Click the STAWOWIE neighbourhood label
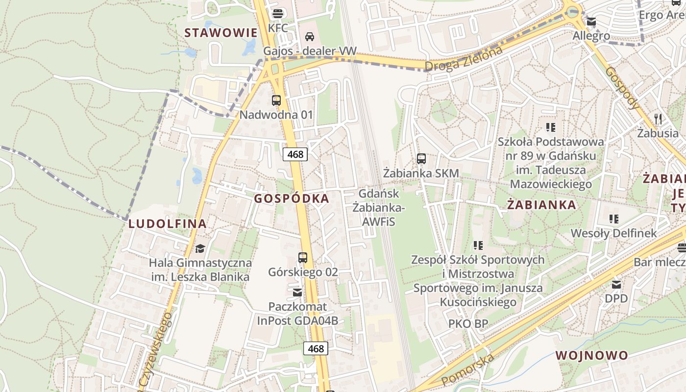[220, 33]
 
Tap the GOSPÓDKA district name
[292, 198]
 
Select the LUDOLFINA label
[167, 224]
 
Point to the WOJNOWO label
[591, 355]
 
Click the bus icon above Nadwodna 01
[276, 100]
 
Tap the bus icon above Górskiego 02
[303, 257]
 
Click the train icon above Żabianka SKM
[421, 158]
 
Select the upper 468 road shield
[295, 154]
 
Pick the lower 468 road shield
[316, 348]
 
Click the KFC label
[278, 28]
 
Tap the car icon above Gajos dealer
[310, 36]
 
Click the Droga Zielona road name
[464, 59]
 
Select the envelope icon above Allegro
[591, 22]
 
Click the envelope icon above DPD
[616, 284]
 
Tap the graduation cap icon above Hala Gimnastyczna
[200, 248]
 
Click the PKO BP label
[468, 323]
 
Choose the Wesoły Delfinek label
[613, 233]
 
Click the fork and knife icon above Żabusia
[658, 119]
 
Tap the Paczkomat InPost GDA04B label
[297, 314]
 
